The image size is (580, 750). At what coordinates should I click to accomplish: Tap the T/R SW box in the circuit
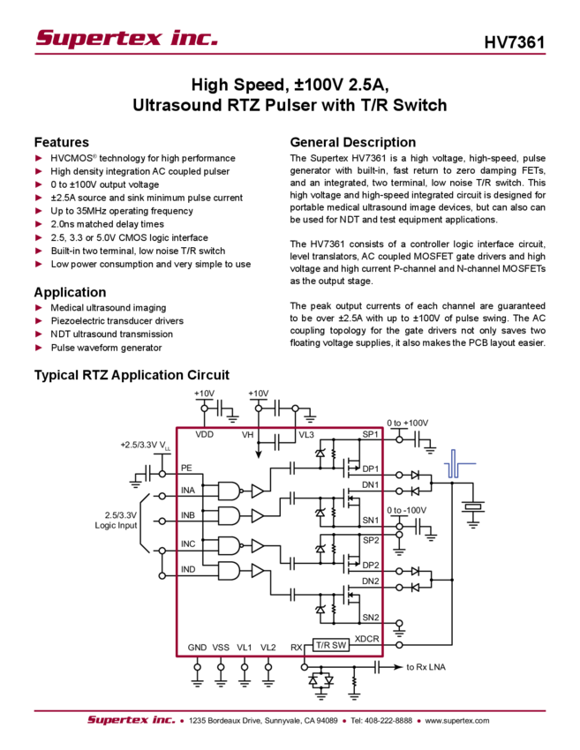(x=333, y=645)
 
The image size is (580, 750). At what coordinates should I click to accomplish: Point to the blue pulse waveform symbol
(x=456, y=465)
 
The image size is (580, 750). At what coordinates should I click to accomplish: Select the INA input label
(x=188, y=490)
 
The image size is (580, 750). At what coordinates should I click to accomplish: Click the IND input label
(x=188, y=570)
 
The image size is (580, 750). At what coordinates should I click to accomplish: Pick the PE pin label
(x=187, y=467)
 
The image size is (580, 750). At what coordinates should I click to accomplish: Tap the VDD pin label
(x=204, y=435)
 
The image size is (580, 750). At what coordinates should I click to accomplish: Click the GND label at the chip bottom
(x=197, y=647)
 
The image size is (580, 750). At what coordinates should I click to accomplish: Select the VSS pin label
(x=221, y=647)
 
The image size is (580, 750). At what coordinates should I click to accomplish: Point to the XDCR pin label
(x=367, y=638)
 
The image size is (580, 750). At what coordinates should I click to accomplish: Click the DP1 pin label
(x=370, y=468)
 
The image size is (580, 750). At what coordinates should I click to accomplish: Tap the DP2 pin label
(x=370, y=565)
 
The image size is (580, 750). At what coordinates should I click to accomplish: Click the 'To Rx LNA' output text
(x=426, y=667)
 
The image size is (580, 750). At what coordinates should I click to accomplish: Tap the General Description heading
(x=351, y=142)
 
